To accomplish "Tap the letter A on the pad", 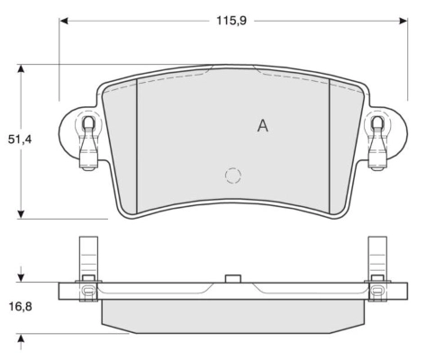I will (x=262, y=126).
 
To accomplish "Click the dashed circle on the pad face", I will (x=233, y=176).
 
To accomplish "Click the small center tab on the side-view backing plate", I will (x=232, y=278).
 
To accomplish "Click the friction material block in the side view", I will (x=232, y=314).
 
